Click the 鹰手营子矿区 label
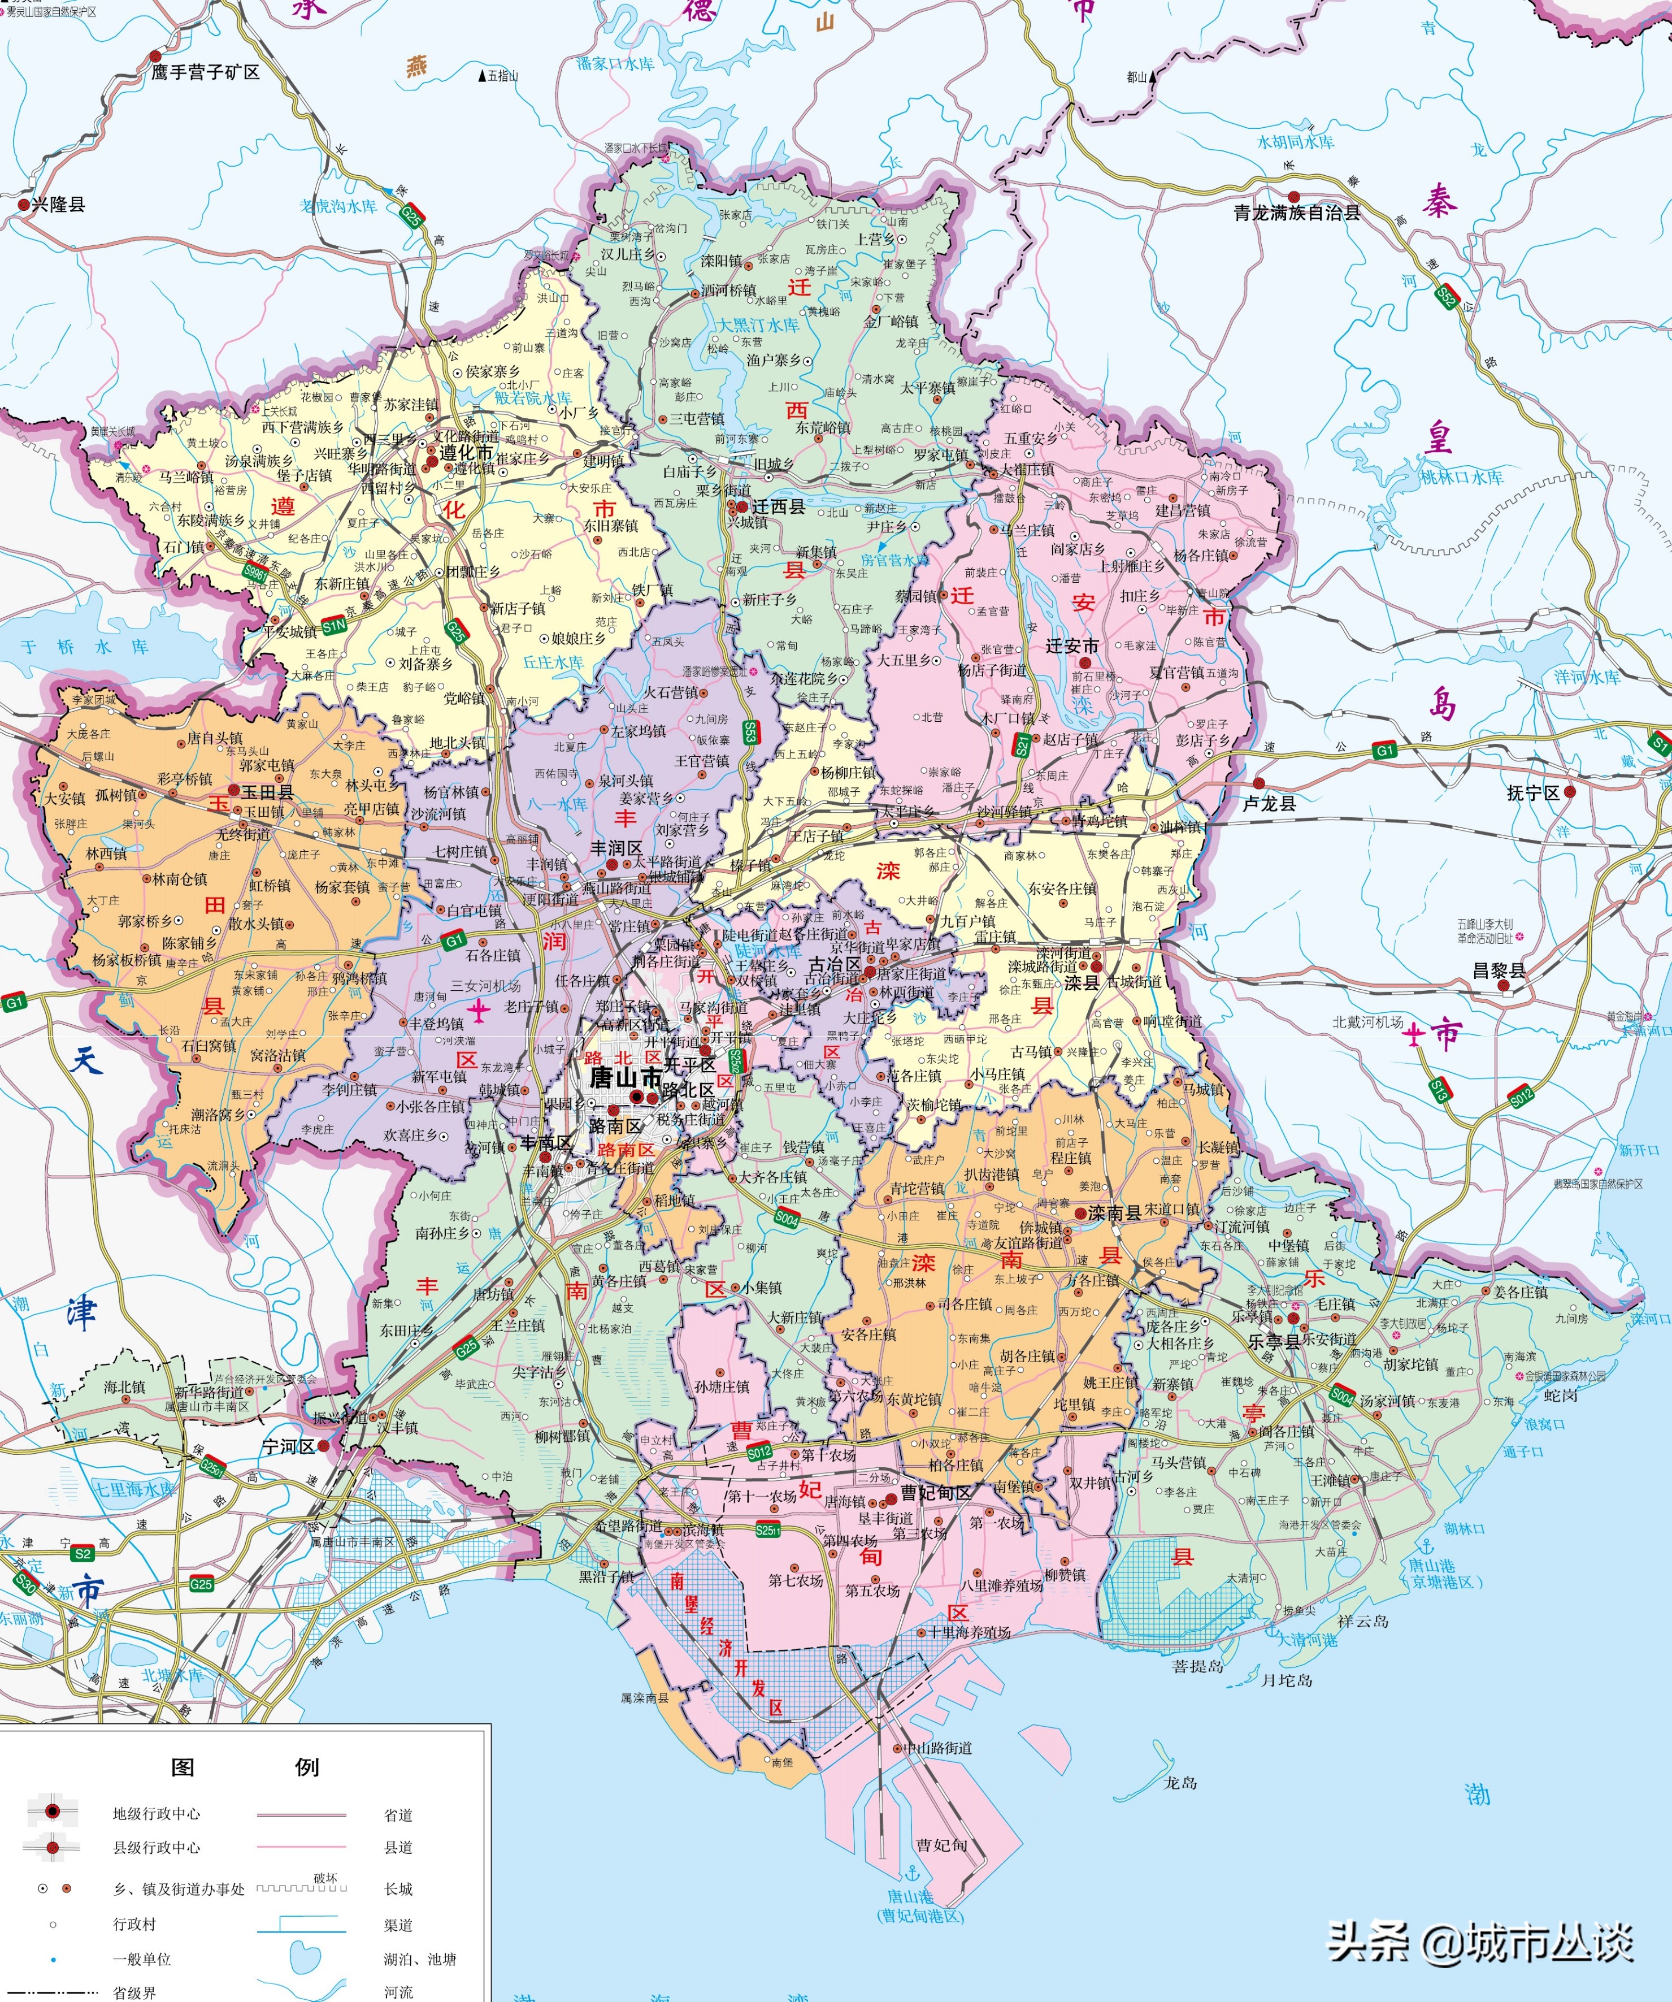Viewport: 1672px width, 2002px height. [x=205, y=72]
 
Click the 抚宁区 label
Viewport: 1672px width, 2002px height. [x=1533, y=793]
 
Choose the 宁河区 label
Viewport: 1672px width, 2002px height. [x=288, y=1447]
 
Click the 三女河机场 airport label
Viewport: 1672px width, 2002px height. [x=486, y=986]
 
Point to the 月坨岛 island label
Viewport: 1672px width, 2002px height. [x=1286, y=1680]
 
